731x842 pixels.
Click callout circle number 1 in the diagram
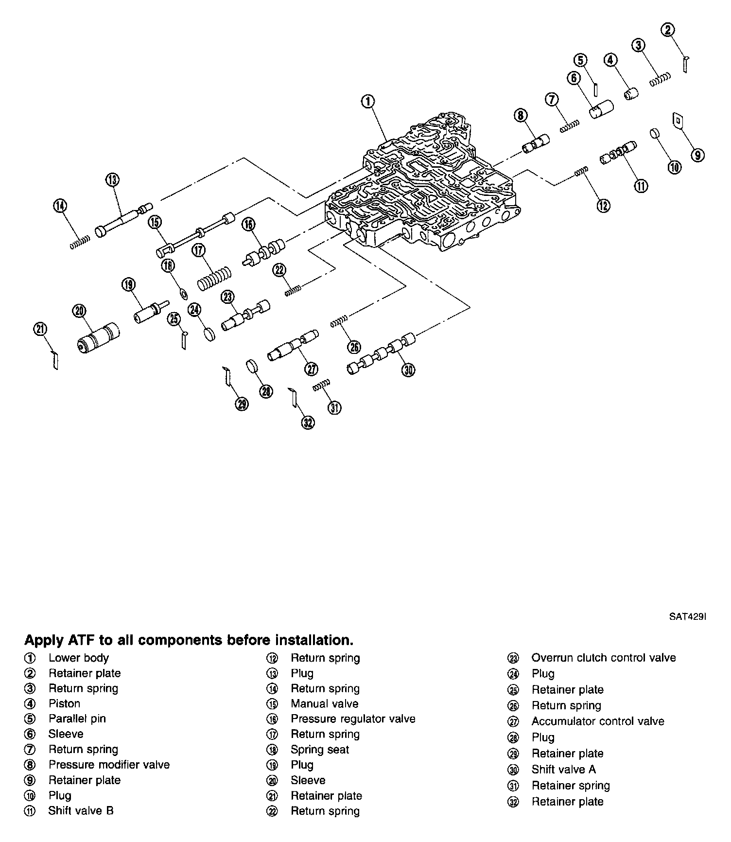(368, 102)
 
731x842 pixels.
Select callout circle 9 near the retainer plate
(697, 155)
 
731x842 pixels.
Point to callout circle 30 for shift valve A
(408, 370)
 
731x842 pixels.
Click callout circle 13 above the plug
(112, 180)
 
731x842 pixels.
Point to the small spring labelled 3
(660, 79)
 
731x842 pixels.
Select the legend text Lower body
(79, 658)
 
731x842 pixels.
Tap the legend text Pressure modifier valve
(109, 765)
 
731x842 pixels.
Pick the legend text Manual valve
(324, 703)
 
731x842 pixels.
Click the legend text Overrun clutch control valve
(603, 658)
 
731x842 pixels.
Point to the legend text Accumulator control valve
(597, 721)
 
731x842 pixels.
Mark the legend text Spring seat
(320, 750)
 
